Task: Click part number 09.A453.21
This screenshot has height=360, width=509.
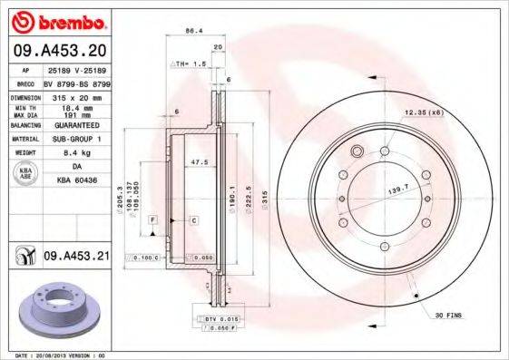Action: click(76, 257)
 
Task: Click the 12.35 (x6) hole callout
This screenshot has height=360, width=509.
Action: click(423, 112)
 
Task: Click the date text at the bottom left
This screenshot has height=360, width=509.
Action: click(54, 355)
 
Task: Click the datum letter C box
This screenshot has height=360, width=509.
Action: click(194, 220)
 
